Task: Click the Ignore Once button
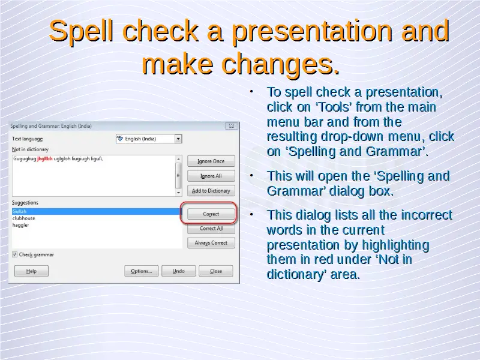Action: (211, 161)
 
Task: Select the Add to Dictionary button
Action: (211, 191)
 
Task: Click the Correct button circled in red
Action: (211, 214)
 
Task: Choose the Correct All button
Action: (211, 229)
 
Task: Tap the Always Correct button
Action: (211, 243)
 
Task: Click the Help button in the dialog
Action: (31, 271)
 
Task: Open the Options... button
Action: (142, 271)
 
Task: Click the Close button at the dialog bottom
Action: (216, 271)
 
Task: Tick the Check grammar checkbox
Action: (14, 254)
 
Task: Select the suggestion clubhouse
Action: (24, 218)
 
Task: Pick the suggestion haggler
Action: (20, 225)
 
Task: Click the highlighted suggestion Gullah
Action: (19, 211)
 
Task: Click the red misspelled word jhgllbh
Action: (44, 158)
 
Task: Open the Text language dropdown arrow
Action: (178, 139)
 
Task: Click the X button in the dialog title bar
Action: (232, 126)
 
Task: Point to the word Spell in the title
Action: (81, 31)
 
